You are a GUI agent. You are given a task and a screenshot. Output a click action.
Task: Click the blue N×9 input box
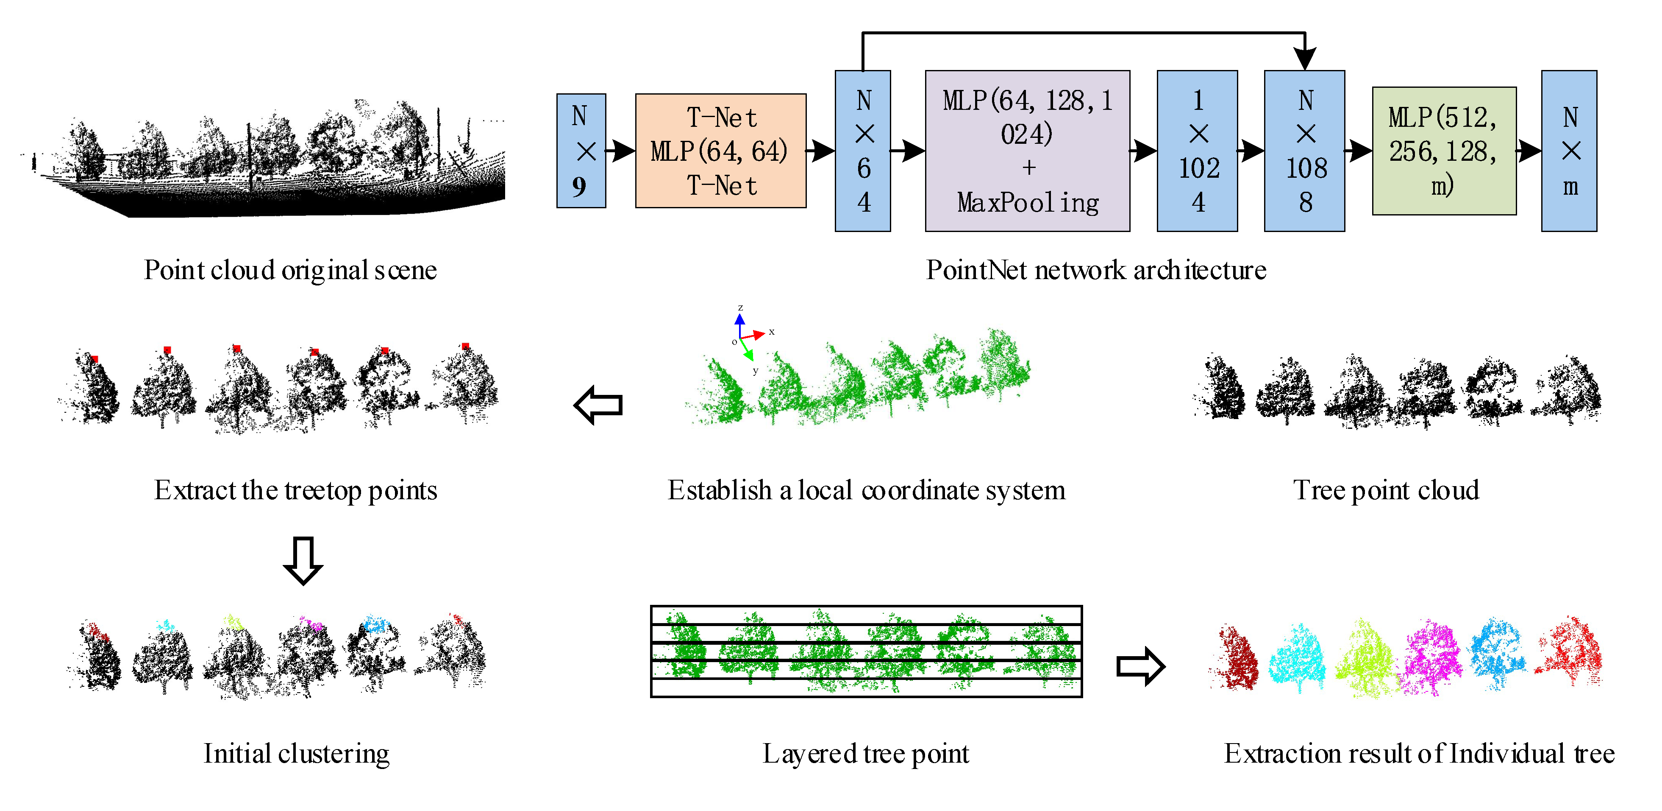581,151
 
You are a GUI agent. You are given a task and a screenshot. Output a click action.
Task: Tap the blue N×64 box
863,151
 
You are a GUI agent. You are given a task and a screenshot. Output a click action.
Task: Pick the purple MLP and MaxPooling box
1027,151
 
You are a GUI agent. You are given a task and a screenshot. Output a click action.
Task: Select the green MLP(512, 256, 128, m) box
1444,151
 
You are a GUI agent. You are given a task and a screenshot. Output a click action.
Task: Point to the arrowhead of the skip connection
1305,59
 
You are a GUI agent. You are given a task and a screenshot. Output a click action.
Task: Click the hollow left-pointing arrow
598,405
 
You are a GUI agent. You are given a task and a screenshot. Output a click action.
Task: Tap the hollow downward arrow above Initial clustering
303,560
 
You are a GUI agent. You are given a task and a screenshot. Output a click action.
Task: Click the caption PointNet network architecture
1095,270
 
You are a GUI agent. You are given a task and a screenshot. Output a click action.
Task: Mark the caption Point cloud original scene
290,270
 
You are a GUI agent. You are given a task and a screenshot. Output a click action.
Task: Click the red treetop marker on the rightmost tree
465,347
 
